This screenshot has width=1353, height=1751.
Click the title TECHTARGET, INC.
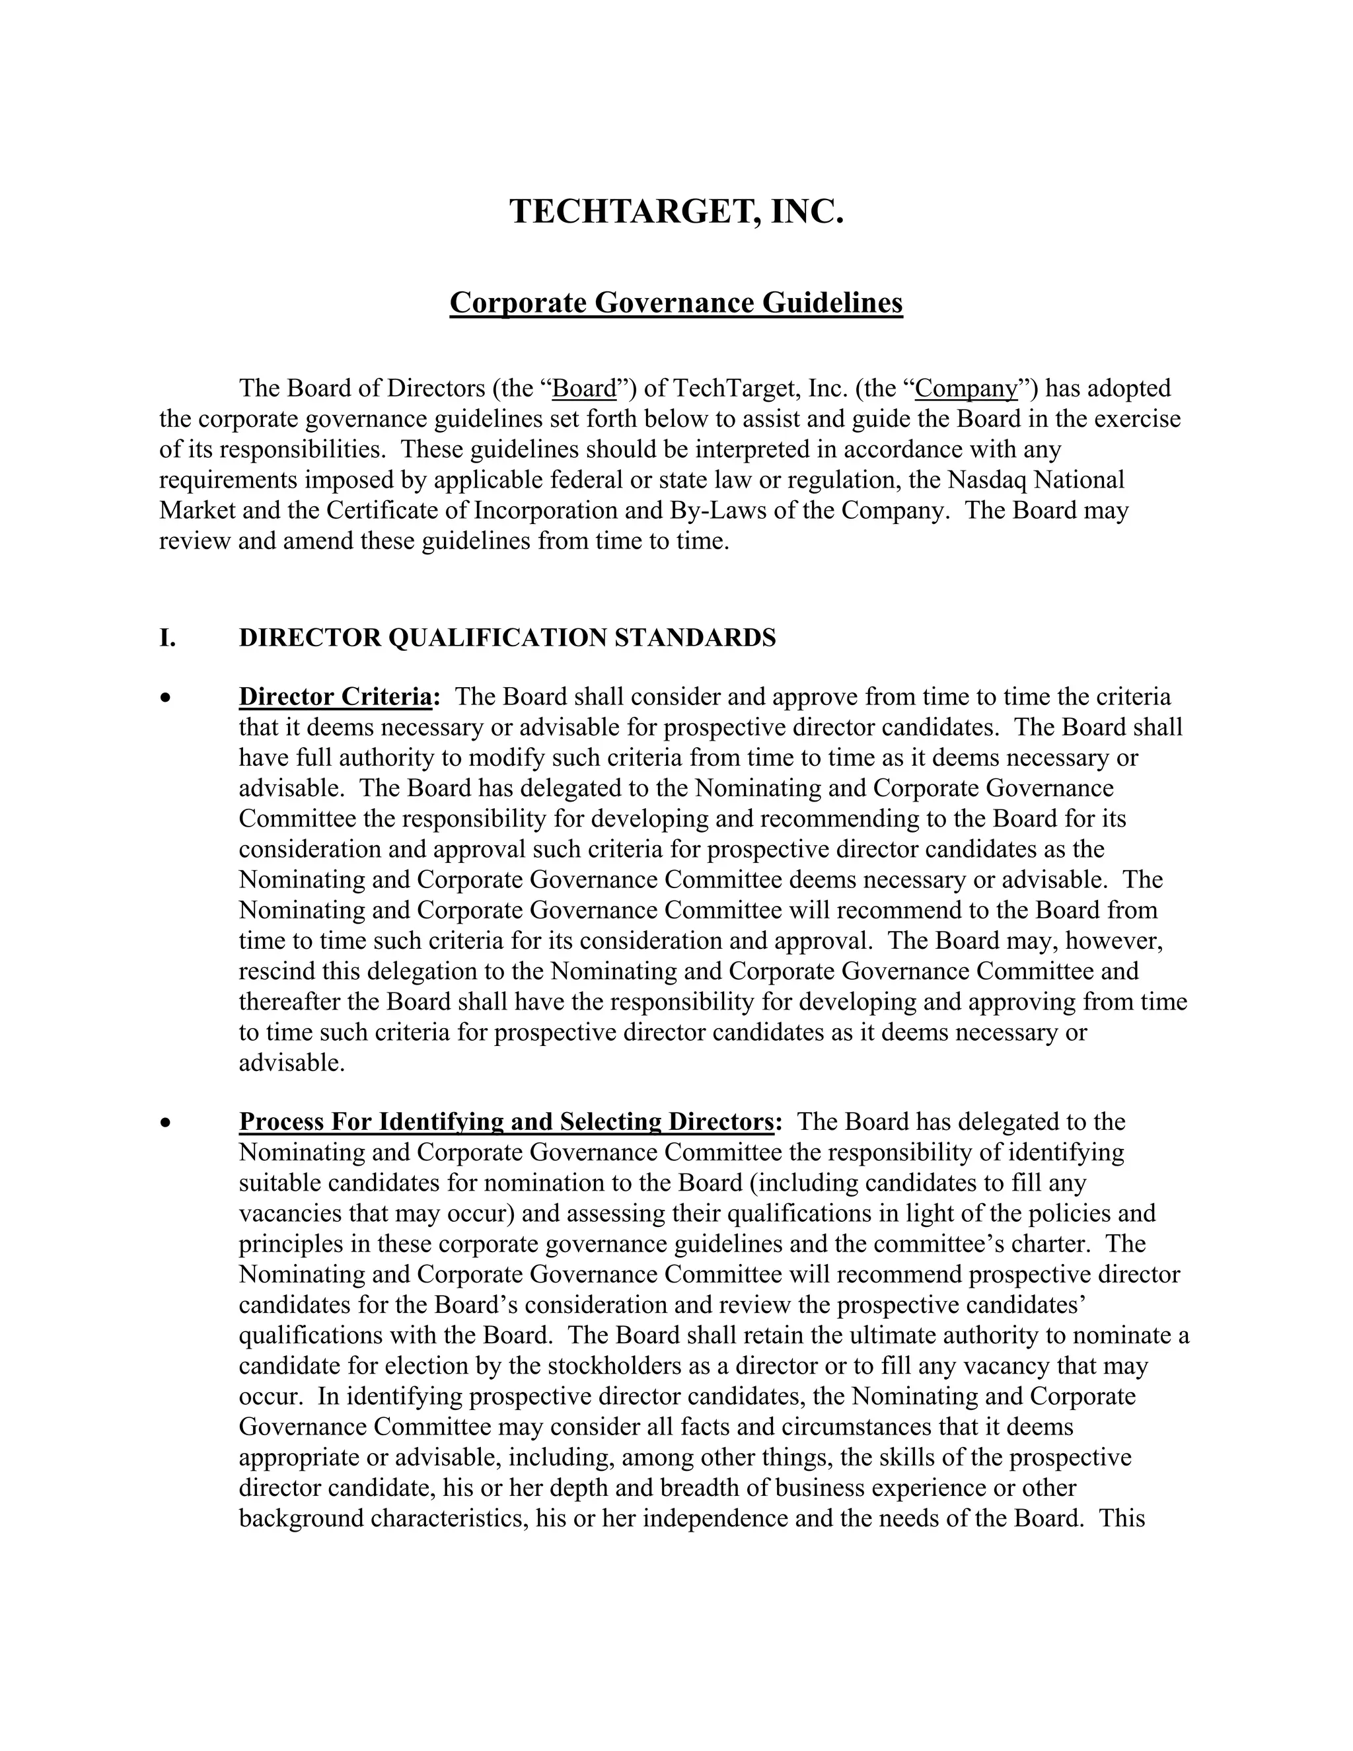point(676,211)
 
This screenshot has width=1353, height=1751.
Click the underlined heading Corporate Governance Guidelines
point(676,303)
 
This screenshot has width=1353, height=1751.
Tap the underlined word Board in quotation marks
point(584,389)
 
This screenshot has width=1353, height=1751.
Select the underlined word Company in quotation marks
point(966,389)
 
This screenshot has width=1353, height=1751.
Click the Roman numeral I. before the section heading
point(168,638)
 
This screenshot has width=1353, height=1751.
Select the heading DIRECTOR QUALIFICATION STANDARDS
point(507,638)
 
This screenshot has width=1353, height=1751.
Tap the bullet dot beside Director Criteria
point(165,698)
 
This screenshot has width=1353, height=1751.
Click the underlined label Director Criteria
point(335,696)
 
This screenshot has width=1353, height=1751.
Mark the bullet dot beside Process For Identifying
point(165,1123)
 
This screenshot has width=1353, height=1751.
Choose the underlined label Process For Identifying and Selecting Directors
point(507,1122)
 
